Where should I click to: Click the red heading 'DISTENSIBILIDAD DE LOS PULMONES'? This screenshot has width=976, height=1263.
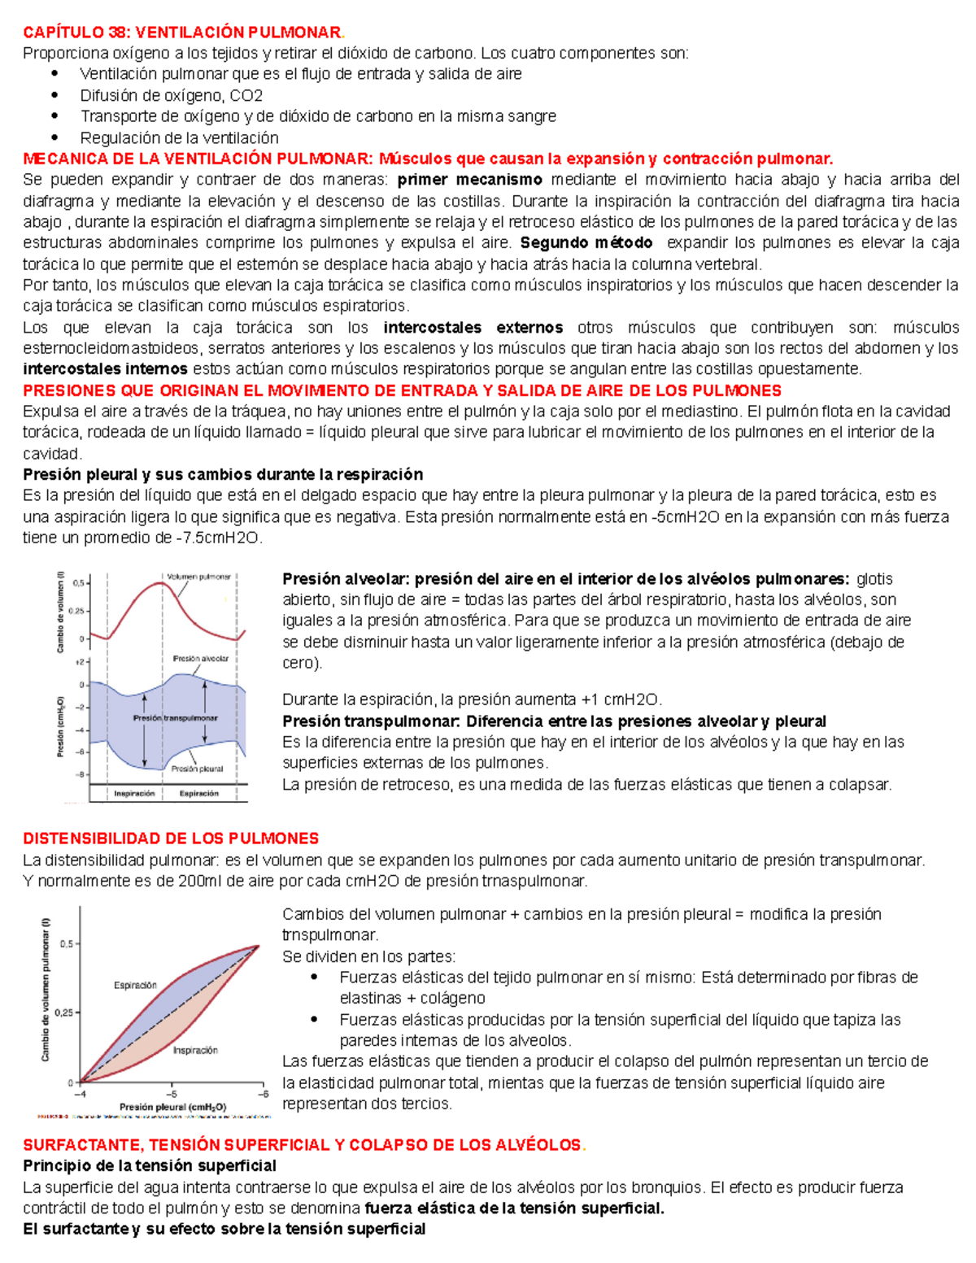[171, 838]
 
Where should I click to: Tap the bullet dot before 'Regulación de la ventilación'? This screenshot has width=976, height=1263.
[55, 137]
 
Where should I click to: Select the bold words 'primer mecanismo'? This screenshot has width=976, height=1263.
[469, 180]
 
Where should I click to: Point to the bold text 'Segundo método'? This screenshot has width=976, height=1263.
[586, 242]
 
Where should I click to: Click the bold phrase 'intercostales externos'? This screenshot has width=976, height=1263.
[473, 328]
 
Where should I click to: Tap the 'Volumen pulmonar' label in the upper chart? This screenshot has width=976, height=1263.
[198, 577]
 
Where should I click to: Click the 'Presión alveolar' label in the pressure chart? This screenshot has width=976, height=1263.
[200, 659]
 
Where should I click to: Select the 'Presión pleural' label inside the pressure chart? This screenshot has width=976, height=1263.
[197, 768]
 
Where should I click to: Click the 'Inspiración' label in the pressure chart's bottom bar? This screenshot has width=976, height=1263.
[134, 793]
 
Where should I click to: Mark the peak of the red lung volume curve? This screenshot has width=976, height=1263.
[163, 582]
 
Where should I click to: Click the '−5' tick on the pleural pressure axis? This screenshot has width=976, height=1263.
[172, 1093]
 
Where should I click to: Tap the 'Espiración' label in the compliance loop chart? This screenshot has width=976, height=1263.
[135, 985]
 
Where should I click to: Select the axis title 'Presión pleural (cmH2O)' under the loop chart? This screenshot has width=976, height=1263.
[172, 1107]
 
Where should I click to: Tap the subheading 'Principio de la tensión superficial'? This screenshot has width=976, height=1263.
[150, 1165]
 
